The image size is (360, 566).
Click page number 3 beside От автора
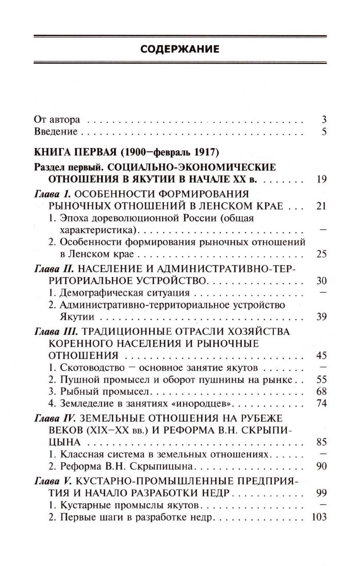pos(324,119)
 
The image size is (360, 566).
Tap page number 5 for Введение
pos(324,131)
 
